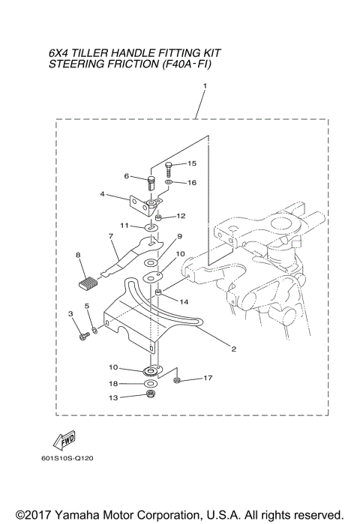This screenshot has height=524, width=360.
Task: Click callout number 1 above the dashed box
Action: [205, 86]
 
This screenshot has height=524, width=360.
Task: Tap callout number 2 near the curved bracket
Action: [233, 349]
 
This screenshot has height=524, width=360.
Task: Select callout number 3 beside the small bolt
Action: [70, 313]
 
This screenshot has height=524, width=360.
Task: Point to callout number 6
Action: [127, 176]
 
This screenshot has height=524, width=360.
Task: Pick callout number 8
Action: [77, 256]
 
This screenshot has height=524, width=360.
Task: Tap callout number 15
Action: [191, 163]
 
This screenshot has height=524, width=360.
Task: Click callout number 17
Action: [208, 378]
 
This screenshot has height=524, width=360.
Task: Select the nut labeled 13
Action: [151, 395]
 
